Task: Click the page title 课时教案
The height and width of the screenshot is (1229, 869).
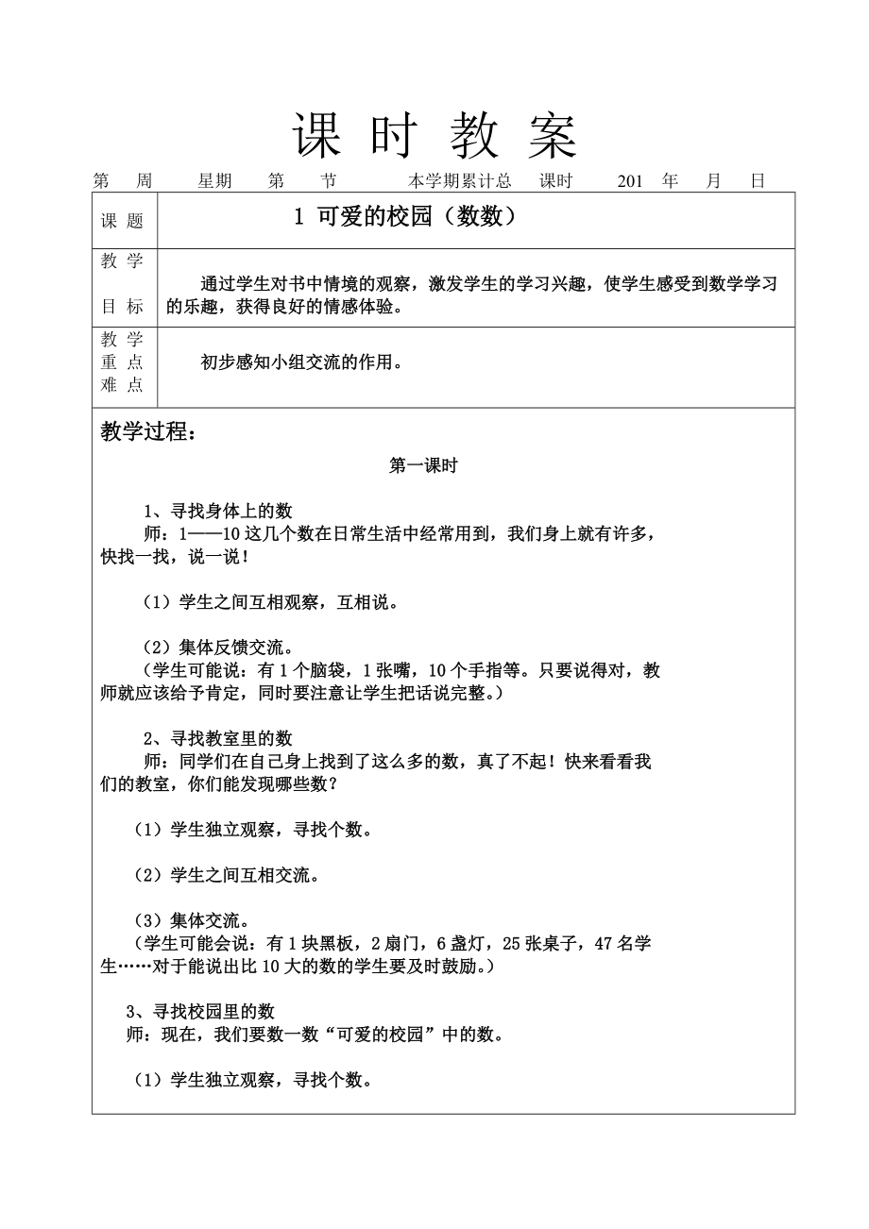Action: (x=434, y=136)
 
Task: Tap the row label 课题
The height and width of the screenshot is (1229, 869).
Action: (x=123, y=221)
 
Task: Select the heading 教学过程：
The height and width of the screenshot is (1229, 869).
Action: (x=148, y=432)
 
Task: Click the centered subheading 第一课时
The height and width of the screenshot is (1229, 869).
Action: (x=423, y=465)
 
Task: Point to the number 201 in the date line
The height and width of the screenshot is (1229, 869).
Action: (x=630, y=181)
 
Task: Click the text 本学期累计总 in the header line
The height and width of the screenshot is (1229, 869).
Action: (x=460, y=181)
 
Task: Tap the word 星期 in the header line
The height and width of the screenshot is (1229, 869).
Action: (x=214, y=181)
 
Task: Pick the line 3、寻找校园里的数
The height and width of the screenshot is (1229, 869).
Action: (x=200, y=1012)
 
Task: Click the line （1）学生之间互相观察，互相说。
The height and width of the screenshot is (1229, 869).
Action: (x=269, y=602)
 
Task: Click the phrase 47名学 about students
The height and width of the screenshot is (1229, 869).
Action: (x=622, y=943)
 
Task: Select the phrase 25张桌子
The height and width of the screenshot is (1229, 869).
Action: (x=534, y=943)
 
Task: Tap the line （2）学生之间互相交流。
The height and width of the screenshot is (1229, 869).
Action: (x=226, y=875)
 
